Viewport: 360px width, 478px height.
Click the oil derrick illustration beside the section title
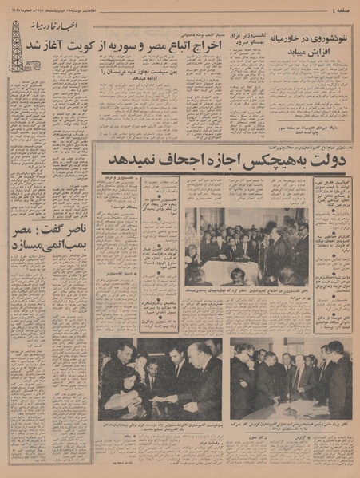click(16, 45)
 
